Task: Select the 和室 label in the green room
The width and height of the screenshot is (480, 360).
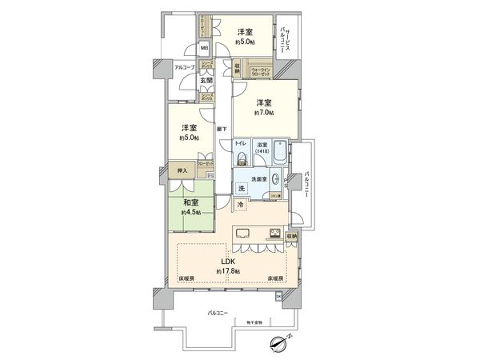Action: (x=190, y=203)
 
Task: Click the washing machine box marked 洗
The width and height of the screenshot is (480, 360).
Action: (x=241, y=189)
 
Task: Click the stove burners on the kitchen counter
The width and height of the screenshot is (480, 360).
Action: (x=274, y=235)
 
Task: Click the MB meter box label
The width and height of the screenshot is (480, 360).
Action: (x=205, y=49)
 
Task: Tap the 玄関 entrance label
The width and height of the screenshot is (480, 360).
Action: (x=206, y=80)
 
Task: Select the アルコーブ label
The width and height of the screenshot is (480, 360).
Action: (x=184, y=67)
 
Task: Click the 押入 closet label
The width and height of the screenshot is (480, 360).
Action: (x=182, y=170)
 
